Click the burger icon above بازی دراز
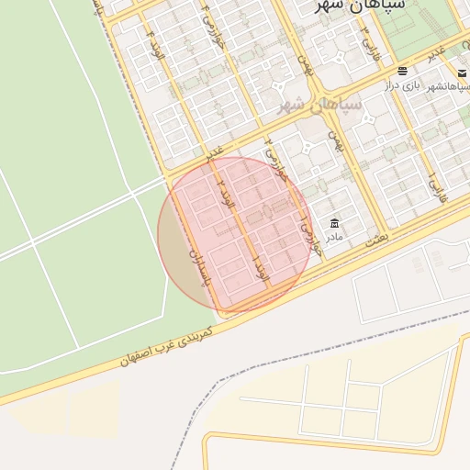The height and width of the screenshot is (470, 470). point(403,71)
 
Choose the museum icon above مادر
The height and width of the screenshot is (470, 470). point(334,223)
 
